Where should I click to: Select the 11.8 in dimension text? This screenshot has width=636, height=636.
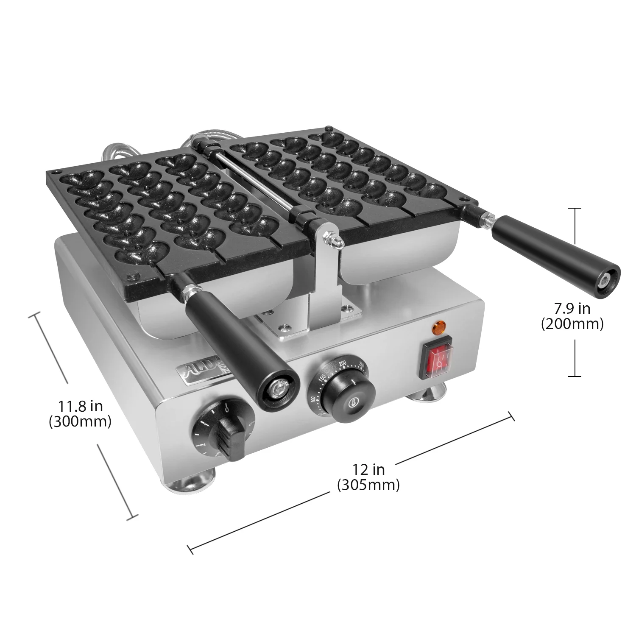(81, 406)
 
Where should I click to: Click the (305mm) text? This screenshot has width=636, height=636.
(368, 484)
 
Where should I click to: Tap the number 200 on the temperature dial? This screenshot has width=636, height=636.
(342, 363)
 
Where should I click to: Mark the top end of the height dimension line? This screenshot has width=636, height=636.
(575, 209)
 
